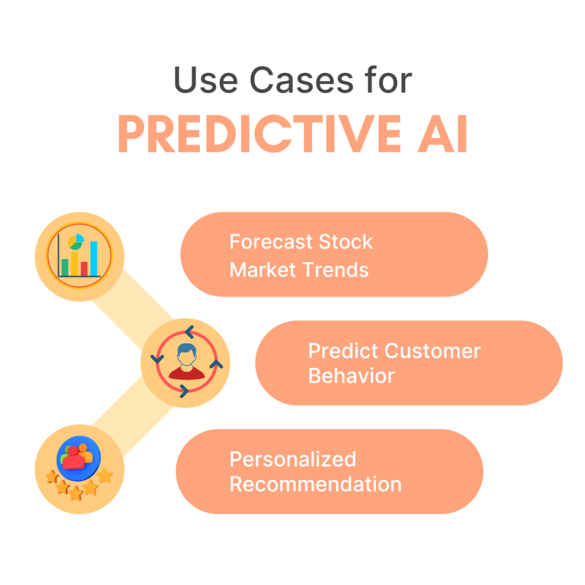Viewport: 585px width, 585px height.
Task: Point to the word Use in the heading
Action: (x=204, y=81)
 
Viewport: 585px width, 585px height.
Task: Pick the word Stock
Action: (x=346, y=242)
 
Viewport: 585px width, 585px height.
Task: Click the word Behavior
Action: (x=351, y=376)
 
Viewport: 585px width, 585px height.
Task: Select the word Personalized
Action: (x=292, y=459)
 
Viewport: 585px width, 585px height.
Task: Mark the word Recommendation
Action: (x=315, y=484)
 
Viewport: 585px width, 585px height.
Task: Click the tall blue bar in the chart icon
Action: (x=94, y=258)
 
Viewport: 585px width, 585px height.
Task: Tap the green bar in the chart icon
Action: (x=65, y=267)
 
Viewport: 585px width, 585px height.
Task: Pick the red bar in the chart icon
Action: (x=84, y=269)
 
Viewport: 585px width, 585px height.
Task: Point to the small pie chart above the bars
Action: (x=75, y=242)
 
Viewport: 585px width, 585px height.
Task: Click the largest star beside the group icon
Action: (x=105, y=475)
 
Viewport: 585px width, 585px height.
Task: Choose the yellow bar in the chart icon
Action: (x=74, y=262)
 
